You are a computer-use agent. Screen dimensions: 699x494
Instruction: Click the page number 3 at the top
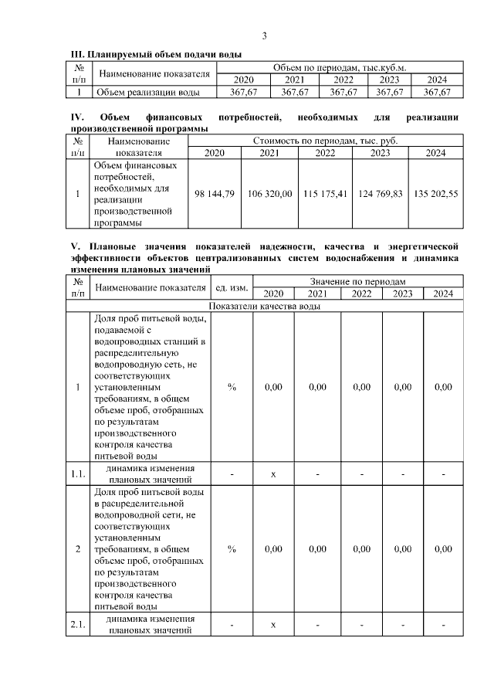point(265,36)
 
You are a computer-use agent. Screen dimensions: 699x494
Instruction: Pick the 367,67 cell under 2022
point(343,92)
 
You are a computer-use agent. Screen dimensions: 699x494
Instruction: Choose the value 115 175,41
point(325,193)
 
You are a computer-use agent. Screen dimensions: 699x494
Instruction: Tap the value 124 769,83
point(381,193)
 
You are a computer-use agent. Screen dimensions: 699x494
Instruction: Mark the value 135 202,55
point(435,193)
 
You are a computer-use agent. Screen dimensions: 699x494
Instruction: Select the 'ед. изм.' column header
point(232,288)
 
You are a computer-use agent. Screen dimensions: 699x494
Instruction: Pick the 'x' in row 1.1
point(273,473)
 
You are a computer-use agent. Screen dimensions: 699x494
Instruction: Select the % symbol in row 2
point(232,548)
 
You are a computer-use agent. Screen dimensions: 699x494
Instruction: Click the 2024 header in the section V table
point(443,294)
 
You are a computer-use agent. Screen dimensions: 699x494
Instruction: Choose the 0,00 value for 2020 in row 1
point(273,387)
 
